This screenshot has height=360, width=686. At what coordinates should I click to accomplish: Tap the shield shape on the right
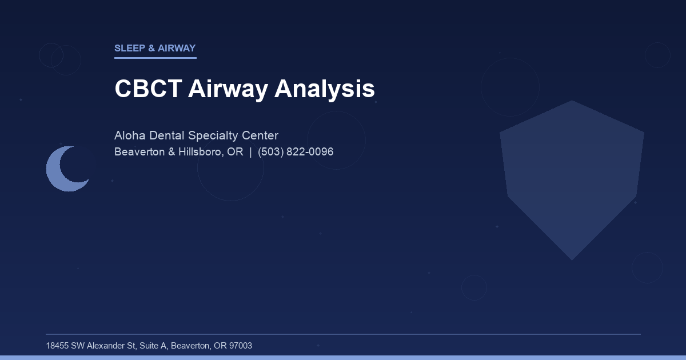tap(572, 177)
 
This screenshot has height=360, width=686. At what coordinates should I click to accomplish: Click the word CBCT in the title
tap(147, 89)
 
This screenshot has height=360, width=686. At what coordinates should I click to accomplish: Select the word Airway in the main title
tap(228, 89)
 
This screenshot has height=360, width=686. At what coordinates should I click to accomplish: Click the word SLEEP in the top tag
tap(130, 49)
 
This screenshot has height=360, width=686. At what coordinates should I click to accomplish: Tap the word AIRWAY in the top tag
tap(177, 49)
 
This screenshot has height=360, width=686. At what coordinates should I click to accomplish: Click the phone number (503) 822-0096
tap(296, 152)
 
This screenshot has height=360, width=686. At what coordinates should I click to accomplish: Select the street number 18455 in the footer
tap(57, 346)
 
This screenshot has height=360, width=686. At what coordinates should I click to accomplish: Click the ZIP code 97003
tap(240, 346)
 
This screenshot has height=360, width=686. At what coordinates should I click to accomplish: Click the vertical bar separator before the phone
tap(250, 152)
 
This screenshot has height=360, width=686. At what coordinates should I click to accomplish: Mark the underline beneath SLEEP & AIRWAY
tap(155, 58)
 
